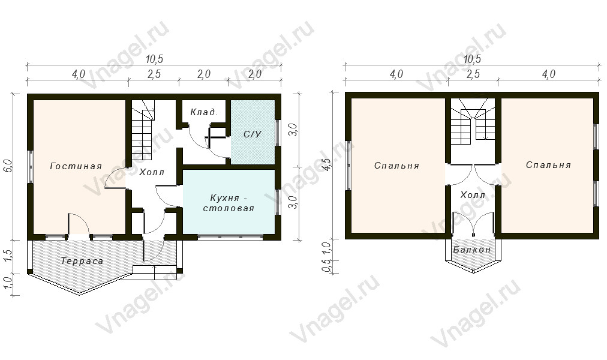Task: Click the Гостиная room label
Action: [76, 166]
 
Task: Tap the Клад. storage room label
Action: [204, 112]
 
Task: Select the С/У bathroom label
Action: [253, 134]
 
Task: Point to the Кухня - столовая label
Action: [229, 203]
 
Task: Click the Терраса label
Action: [82, 261]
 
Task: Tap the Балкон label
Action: [472, 250]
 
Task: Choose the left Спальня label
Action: [397, 166]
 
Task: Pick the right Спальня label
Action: [548, 165]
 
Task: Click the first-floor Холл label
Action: [152, 172]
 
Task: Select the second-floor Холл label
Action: [473, 195]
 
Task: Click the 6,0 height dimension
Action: [10, 166]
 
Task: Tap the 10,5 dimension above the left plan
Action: [155, 59]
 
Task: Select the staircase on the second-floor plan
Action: [473, 121]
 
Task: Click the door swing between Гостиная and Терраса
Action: [79, 224]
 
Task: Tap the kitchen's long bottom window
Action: [231, 237]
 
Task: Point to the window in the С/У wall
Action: [277, 132]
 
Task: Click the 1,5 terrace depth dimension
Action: [10, 257]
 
